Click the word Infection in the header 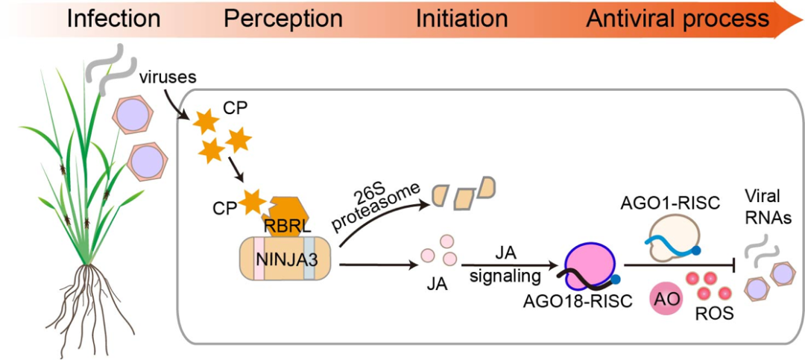114,19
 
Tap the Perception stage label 283,19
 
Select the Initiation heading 462,19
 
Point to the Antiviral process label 678,19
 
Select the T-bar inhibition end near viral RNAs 738,266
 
